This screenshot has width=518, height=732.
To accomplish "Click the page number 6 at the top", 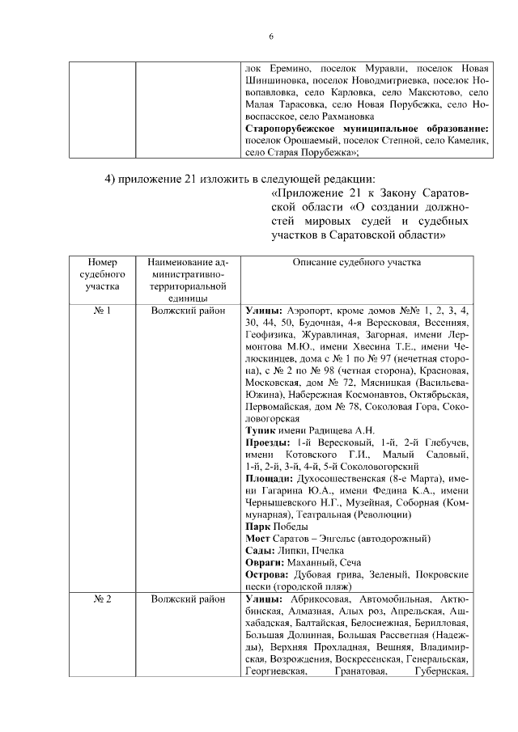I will pyautogui.click(x=272, y=36).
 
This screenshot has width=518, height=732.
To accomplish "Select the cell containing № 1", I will pyautogui.click(x=102, y=310).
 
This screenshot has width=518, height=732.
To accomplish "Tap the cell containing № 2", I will pyautogui.click(x=102, y=599).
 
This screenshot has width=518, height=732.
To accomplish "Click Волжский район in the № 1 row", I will pyautogui.click(x=189, y=310).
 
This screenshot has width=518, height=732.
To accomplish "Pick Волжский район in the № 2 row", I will pyautogui.click(x=189, y=599).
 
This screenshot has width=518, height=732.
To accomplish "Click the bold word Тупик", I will pyautogui.click(x=261, y=430).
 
